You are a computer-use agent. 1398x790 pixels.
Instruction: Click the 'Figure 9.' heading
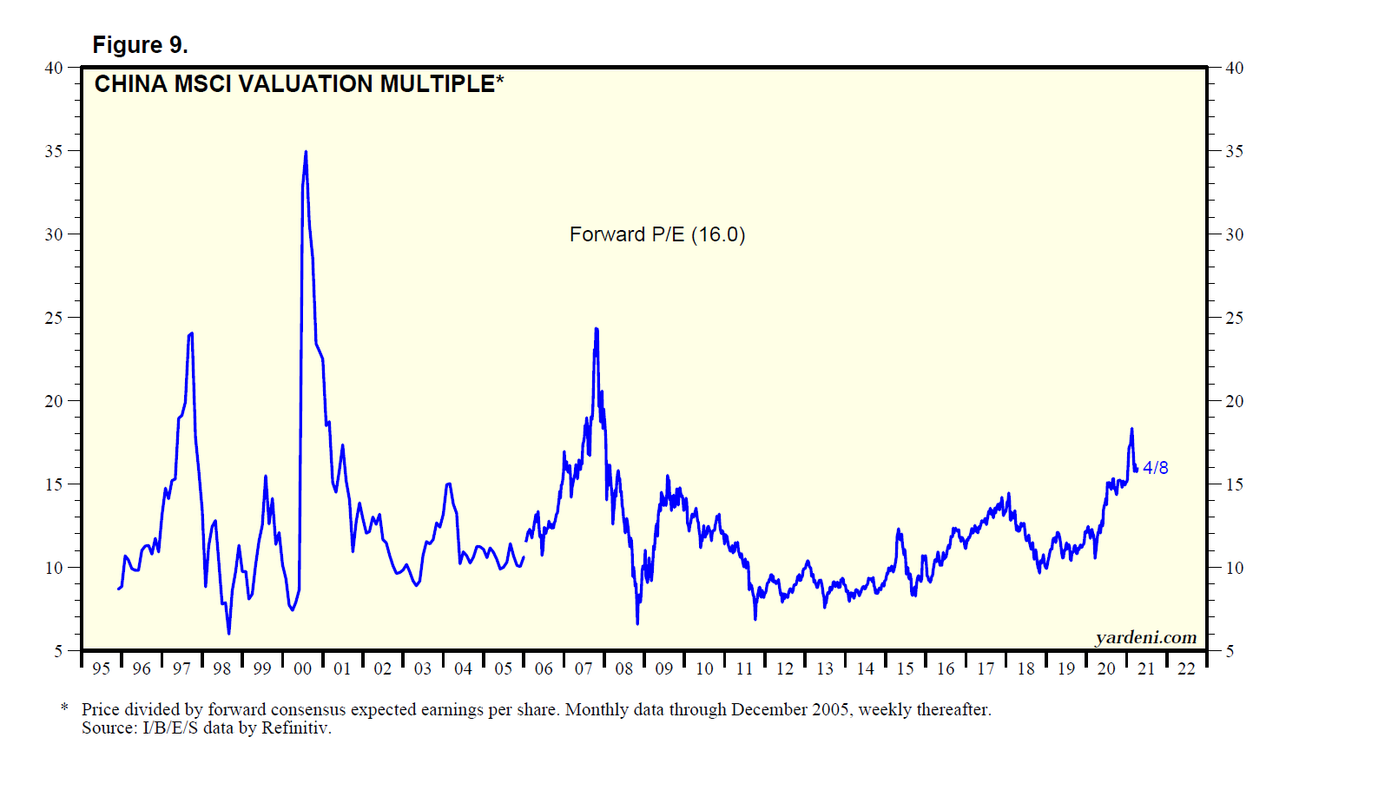click(x=140, y=45)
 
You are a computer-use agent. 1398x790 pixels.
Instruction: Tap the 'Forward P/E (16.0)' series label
click(x=657, y=234)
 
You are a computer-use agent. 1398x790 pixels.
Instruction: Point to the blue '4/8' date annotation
click(x=1155, y=468)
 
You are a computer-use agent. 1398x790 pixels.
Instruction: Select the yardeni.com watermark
click(x=1145, y=638)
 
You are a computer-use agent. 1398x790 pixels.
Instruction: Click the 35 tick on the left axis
click(x=54, y=151)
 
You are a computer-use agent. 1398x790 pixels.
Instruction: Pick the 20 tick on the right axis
click(x=1234, y=401)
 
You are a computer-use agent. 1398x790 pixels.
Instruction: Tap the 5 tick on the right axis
click(x=1230, y=651)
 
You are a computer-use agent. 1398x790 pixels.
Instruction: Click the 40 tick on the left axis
click(x=54, y=68)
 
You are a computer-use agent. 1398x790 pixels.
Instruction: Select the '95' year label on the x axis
click(x=101, y=668)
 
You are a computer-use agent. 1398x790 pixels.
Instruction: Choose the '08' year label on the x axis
click(x=623, y=668)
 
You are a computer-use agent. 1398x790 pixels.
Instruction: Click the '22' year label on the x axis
click(x=1186, y=668)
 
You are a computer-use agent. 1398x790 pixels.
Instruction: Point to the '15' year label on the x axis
click(x=905, y=668)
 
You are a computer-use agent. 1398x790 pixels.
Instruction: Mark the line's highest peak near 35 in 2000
click(x=306, y=153)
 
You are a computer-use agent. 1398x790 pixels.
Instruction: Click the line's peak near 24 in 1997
click(x=191, y=333)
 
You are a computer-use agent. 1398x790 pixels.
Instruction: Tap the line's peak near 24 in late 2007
click(x=597, y=329)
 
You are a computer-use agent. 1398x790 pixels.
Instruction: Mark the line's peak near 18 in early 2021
click(x=1131, y=429)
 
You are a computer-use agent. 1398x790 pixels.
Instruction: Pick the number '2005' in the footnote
click(x=831, y=709)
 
